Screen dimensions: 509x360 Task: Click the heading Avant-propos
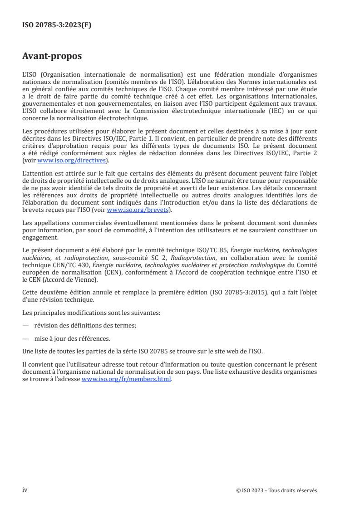pyautogui.click(x=52, y=57)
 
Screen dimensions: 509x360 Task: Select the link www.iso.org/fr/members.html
pyautogui.click(x=126, y=380)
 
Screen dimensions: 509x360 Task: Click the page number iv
pyautogui.click(x=25, y=489)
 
